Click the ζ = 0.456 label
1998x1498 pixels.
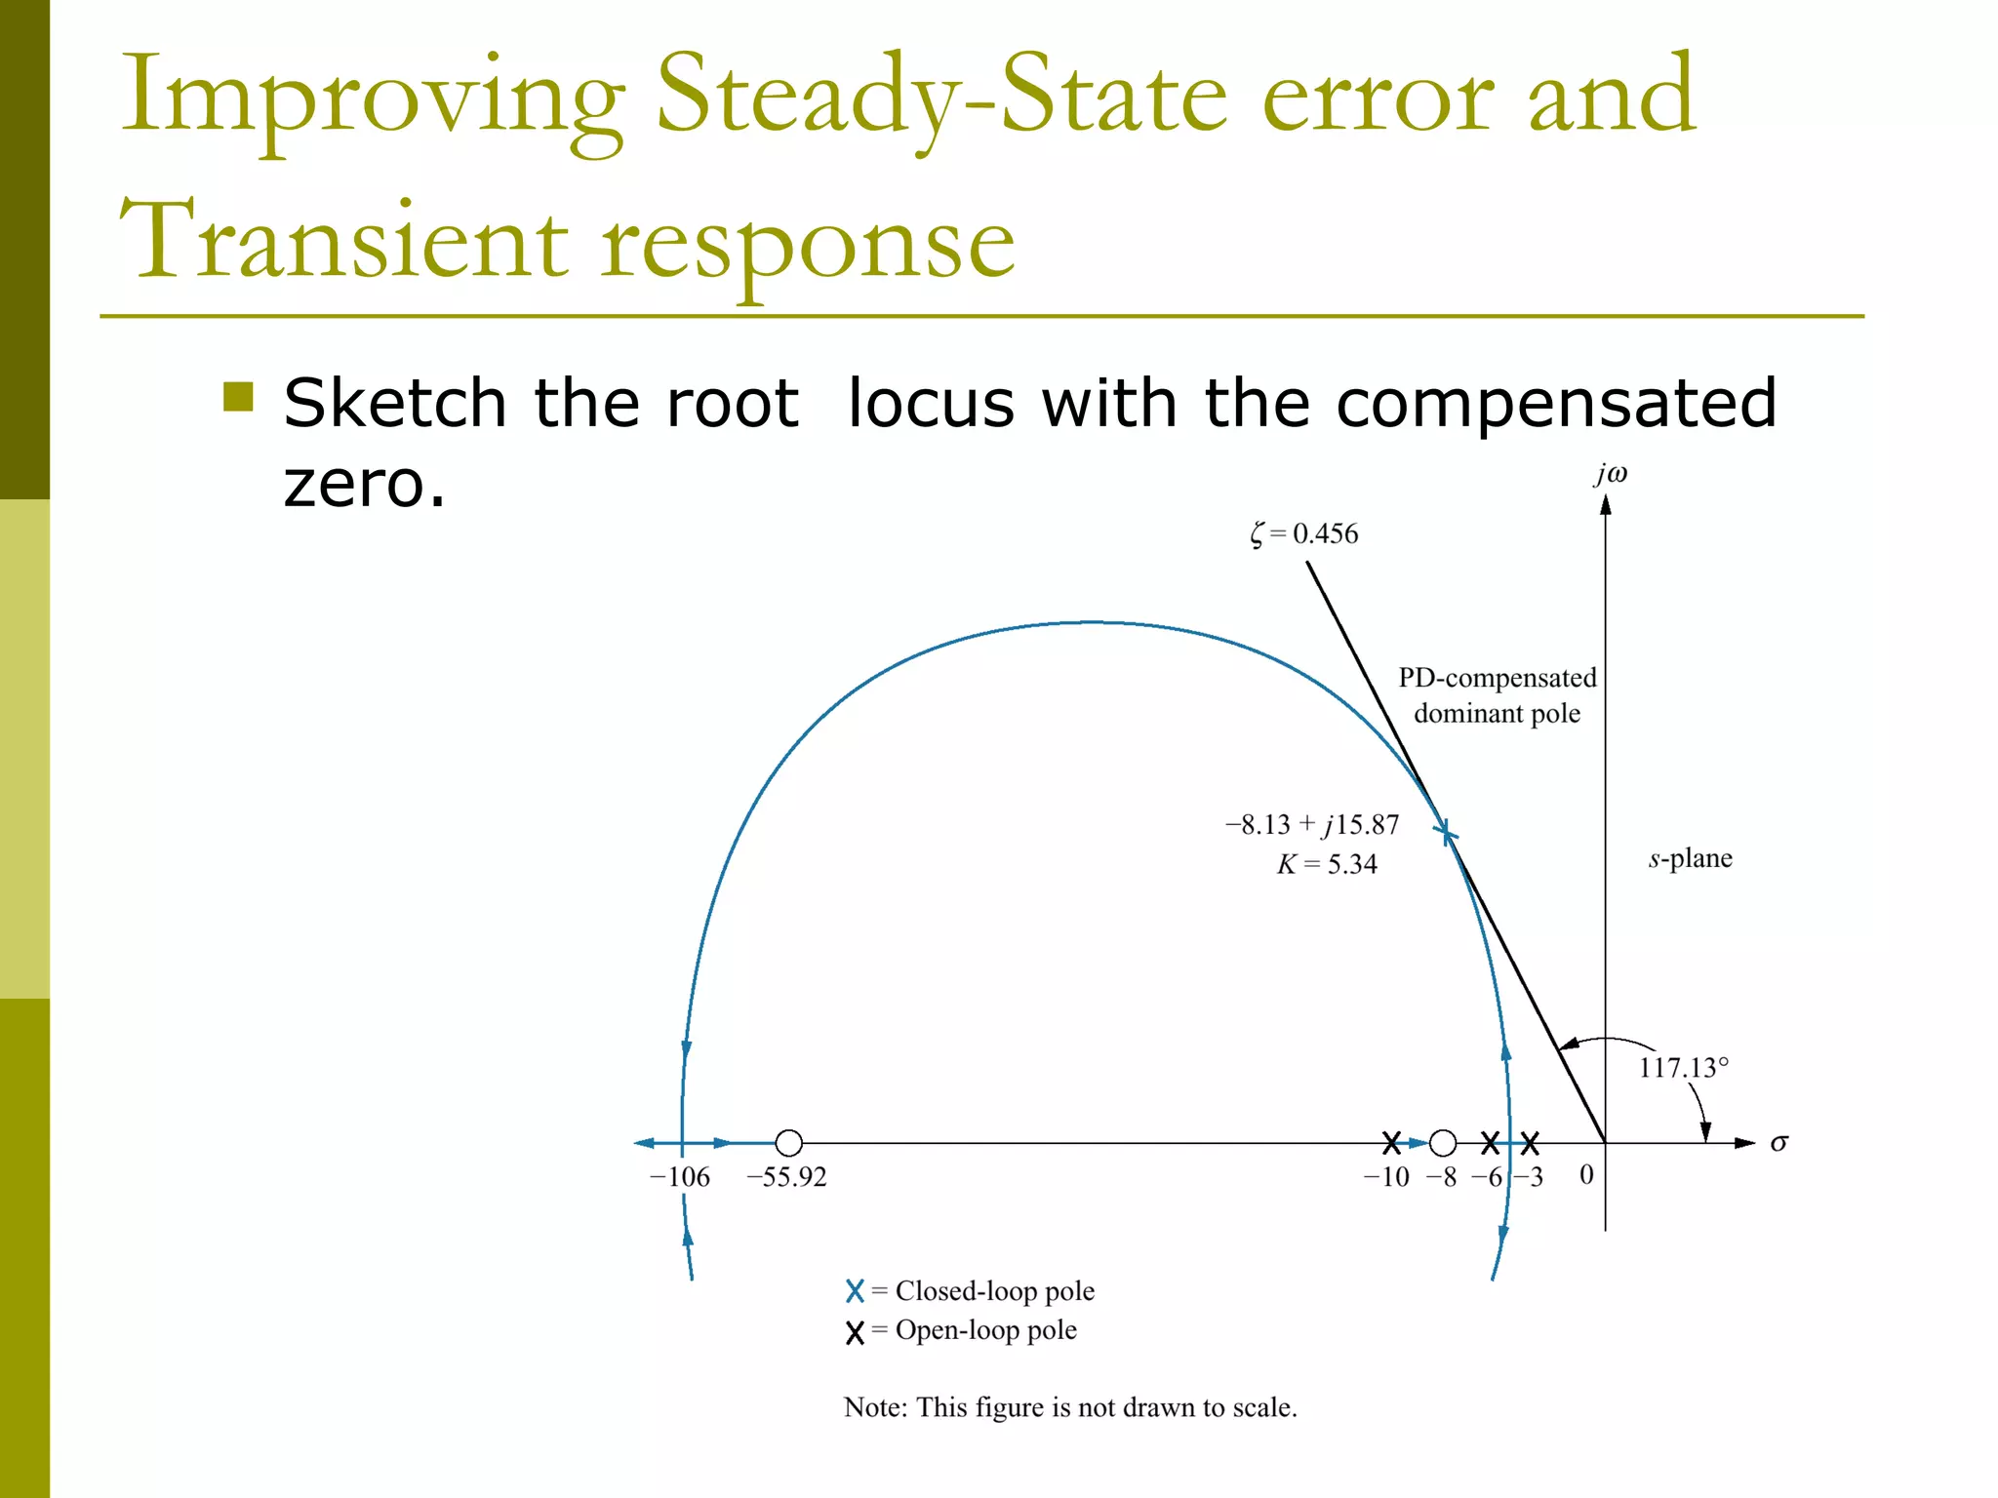[1304, 533]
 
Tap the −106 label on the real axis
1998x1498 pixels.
[680, 1177]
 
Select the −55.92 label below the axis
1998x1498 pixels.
[786, 1177]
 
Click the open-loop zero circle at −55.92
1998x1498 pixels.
[788, 1142]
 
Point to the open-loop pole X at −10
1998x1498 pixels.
[1392, 1142]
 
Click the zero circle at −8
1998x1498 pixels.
[1443, 1142]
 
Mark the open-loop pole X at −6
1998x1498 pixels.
[1490, 1142]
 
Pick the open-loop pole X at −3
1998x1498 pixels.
[1530, 1142]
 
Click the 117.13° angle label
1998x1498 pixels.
[1683, 1068]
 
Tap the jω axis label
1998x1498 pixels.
[1612, 474]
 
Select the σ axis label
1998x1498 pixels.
[1779, 1143]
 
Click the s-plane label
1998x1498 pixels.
[1691, 858]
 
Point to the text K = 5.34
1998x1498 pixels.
[1327, 864]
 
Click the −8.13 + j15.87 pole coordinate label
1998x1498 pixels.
[1312, 825]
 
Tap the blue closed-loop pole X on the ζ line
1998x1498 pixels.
[1446, 832]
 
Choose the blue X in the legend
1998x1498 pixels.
[855, 1291]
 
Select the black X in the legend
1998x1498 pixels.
[855, 1332]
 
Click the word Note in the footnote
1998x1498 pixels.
[874, 1407]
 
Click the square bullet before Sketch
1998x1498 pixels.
[238, 397]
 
